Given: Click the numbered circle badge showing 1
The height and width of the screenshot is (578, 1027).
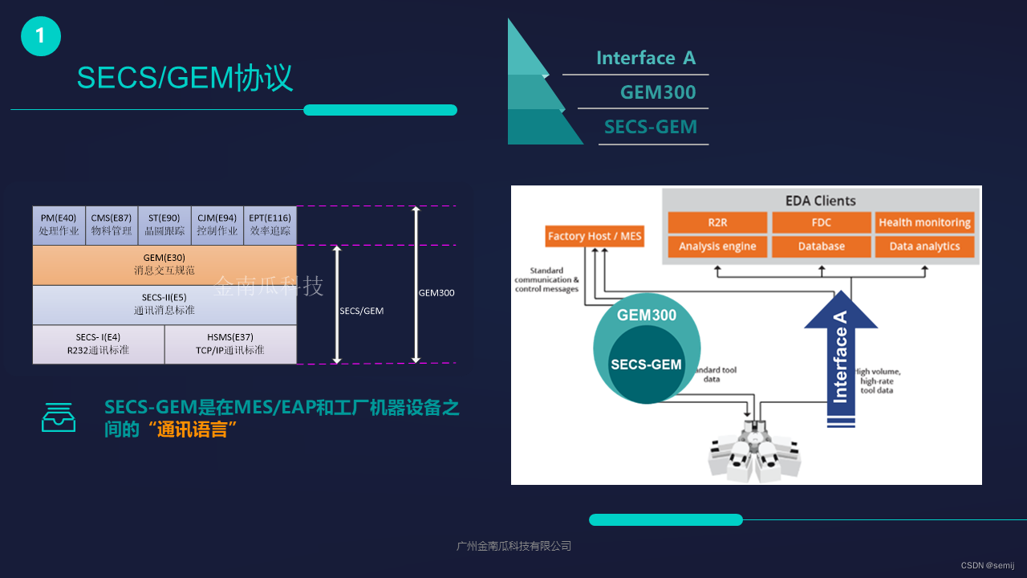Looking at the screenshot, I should click(41, 36).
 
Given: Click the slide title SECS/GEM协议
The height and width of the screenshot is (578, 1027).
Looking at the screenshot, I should click(185, 78).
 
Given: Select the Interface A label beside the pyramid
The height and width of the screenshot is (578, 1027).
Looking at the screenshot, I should click(645, 58).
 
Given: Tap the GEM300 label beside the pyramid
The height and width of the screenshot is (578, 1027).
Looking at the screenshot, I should click(657, 92).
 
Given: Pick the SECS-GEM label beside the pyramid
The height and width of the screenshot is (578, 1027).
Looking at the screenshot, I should click(650, 127).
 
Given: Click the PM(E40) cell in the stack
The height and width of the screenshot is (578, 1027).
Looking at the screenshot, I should click(59, 225).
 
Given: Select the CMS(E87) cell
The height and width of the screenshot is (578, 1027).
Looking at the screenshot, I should click(112, 225).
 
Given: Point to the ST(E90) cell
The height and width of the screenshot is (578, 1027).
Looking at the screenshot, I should click(164, 225).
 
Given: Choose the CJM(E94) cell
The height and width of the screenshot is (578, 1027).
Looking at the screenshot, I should click(217, 225).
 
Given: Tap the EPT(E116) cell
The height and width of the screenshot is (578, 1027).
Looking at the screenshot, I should click(270, 225).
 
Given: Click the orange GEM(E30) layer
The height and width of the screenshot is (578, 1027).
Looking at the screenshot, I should click(164, 265).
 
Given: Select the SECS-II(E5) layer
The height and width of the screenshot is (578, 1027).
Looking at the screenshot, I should click(164, 304).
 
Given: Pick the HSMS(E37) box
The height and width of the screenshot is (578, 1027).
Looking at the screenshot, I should click(230, 344).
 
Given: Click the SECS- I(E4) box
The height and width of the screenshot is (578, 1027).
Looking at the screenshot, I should click(98, 344).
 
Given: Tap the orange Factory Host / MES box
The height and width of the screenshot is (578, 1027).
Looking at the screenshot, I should click(595, 236).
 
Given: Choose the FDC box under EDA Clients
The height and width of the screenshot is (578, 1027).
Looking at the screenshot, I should click(821, 222).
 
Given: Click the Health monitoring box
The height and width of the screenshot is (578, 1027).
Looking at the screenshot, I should click(924, 222).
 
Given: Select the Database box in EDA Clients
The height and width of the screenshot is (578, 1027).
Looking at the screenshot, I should click(821, 246).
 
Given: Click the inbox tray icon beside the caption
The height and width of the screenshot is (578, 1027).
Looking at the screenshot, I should click(59, 417).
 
